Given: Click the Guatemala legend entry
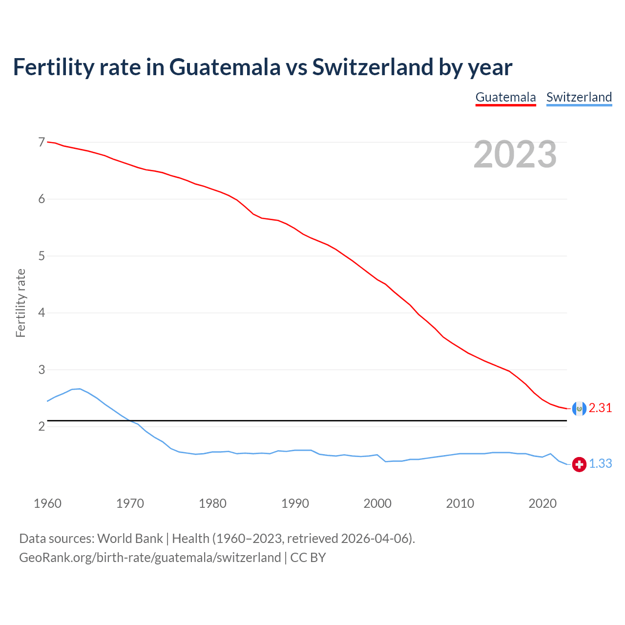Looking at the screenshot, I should coord(505,97).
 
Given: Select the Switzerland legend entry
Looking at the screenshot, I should coord(579,97).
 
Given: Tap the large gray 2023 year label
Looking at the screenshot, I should coord(515,154).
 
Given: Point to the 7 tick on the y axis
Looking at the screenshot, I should coord(42,142).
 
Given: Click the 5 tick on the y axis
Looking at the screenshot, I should coord(42,256).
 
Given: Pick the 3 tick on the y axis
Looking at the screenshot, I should coord(42,370).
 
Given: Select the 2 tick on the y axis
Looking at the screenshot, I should coord(42,426).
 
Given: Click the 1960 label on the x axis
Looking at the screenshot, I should coord(47,503).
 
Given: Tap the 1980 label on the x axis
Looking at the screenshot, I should coord(212,503).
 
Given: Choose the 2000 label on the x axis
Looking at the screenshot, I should coord(377,503).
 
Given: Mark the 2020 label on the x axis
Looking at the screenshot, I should coord(542,503).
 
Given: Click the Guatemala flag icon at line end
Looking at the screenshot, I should coord(579,408).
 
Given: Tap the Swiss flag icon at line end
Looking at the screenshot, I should coord(579,464).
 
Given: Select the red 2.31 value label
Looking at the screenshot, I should coord(600,408).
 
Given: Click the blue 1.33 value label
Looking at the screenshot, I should coord(600,464).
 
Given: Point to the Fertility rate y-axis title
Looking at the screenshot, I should coord(21,303).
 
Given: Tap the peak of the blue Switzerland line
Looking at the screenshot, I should coord(80,389).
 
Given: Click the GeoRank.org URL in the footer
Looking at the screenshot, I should coord(150,558).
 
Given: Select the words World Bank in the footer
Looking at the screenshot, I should coord(130,539).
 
